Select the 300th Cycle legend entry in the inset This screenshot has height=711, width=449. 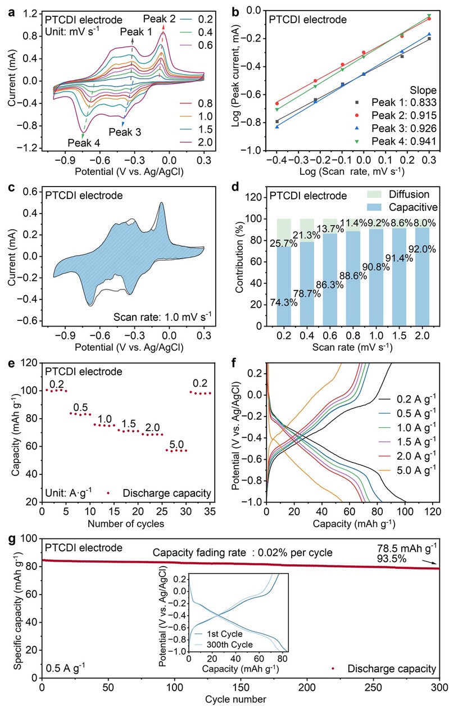tap(227, 644)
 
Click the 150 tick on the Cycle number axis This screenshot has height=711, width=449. tap(241, 687)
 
